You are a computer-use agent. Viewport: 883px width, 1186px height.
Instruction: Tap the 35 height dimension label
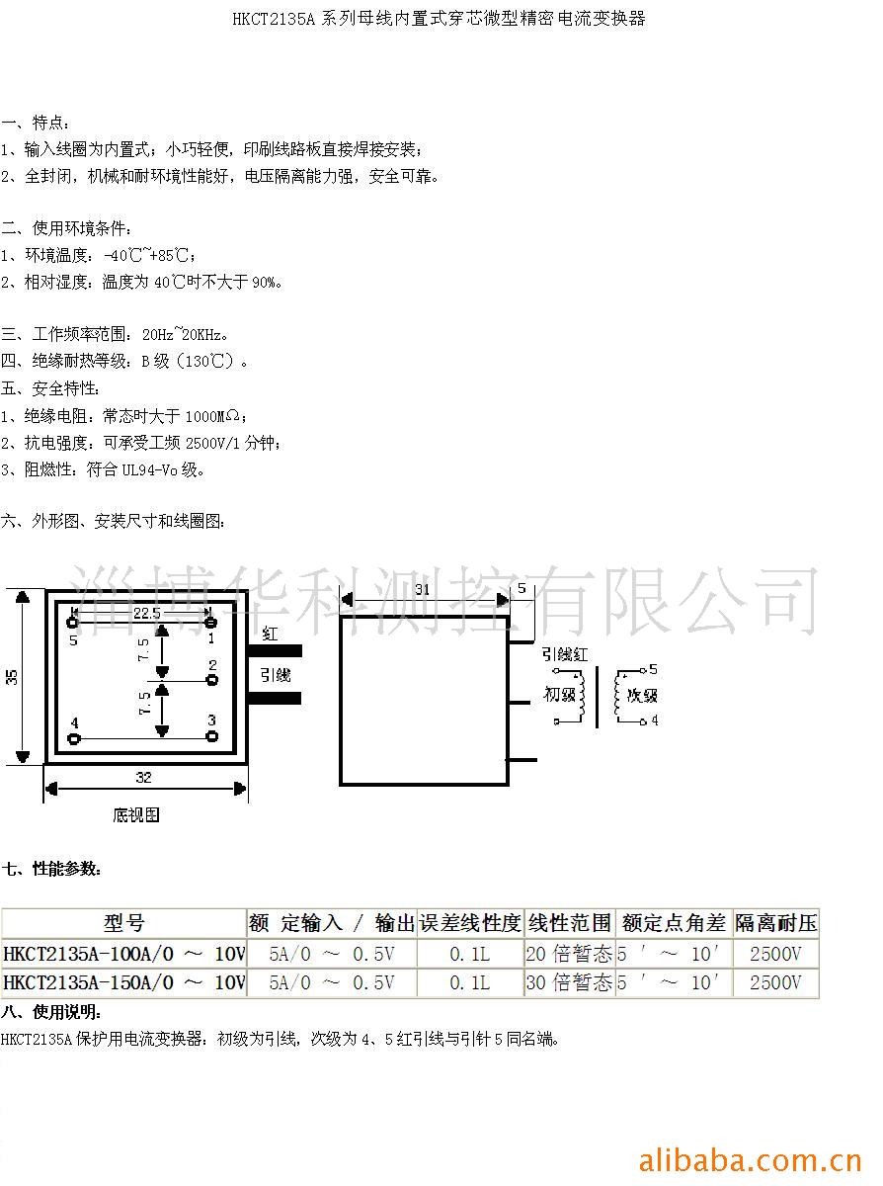[x=12, y=677]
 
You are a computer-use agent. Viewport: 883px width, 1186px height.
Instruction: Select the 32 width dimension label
[x=144, y=778]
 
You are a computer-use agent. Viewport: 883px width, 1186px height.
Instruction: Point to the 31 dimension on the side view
[x=422, y=589]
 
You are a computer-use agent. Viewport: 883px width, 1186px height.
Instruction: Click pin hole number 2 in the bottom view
[x=211, y=679]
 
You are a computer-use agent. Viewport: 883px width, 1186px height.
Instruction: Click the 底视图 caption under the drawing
[x=135, y=815]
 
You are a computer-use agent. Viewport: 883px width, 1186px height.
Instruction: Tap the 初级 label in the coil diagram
[x=559, y=694]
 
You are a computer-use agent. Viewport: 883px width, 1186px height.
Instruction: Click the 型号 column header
[x=123, y=923]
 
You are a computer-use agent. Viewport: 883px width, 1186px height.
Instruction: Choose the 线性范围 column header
[x=569, y=923]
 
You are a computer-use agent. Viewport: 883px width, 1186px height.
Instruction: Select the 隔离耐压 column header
[x=776, y=923]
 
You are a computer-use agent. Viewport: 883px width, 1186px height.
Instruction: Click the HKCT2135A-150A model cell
[x=123, y=982]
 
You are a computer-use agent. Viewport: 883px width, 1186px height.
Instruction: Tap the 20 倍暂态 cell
[x=569, y=954]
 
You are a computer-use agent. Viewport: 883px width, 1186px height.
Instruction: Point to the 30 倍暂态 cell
[x=569, y=982]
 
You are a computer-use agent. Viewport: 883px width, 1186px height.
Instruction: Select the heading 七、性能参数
[x=51, y=869]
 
